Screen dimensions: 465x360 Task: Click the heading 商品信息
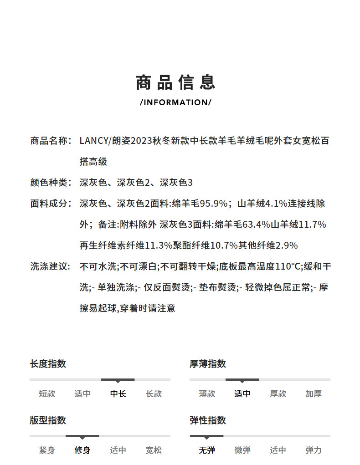[175, 82]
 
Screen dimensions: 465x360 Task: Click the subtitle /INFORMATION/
[175, 102]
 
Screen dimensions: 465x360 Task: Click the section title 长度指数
[48, 364]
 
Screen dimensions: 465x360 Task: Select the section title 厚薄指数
[208, 364]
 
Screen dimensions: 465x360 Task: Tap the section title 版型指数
[48, 420]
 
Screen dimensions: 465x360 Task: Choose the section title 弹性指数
[208, 420]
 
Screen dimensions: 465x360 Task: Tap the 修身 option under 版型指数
[82, 450]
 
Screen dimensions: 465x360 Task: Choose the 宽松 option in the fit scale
[154, 450]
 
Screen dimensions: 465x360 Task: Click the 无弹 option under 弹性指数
[207, 450]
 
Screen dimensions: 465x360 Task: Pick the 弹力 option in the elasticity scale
[314, 450]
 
